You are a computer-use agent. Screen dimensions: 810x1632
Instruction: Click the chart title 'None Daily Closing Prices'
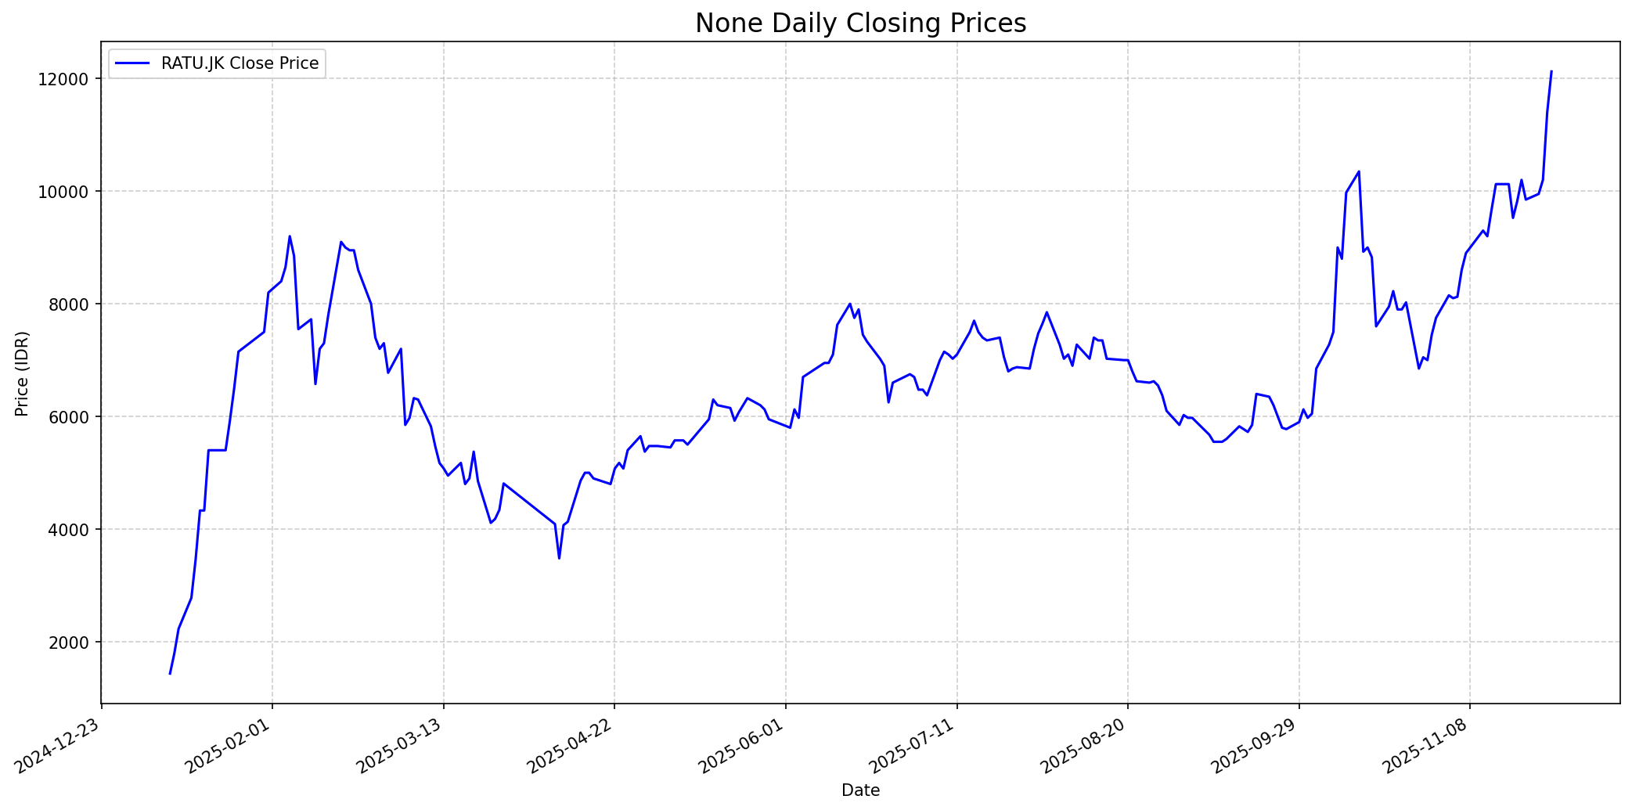(860, 23)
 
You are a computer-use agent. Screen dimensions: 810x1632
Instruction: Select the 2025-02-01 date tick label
(229, 747)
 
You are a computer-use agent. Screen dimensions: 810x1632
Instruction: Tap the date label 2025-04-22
(571, 747)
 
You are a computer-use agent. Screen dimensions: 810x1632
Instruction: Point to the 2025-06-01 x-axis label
(743, 747)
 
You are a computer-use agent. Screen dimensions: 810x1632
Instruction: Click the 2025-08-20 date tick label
(1085, 747)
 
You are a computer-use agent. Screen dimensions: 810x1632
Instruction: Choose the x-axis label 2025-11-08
(1427, 747)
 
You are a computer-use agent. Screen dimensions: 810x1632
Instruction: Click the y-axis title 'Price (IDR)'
(23, 373)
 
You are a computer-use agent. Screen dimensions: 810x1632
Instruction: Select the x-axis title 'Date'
(860, 791)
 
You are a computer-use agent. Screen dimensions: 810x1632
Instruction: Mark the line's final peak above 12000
(1551, 71)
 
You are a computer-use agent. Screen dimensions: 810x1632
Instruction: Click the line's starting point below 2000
(170, 673)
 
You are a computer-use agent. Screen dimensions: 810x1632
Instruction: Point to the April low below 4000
(559, 558)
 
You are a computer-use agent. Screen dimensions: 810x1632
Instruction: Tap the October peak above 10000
(1359, 171)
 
